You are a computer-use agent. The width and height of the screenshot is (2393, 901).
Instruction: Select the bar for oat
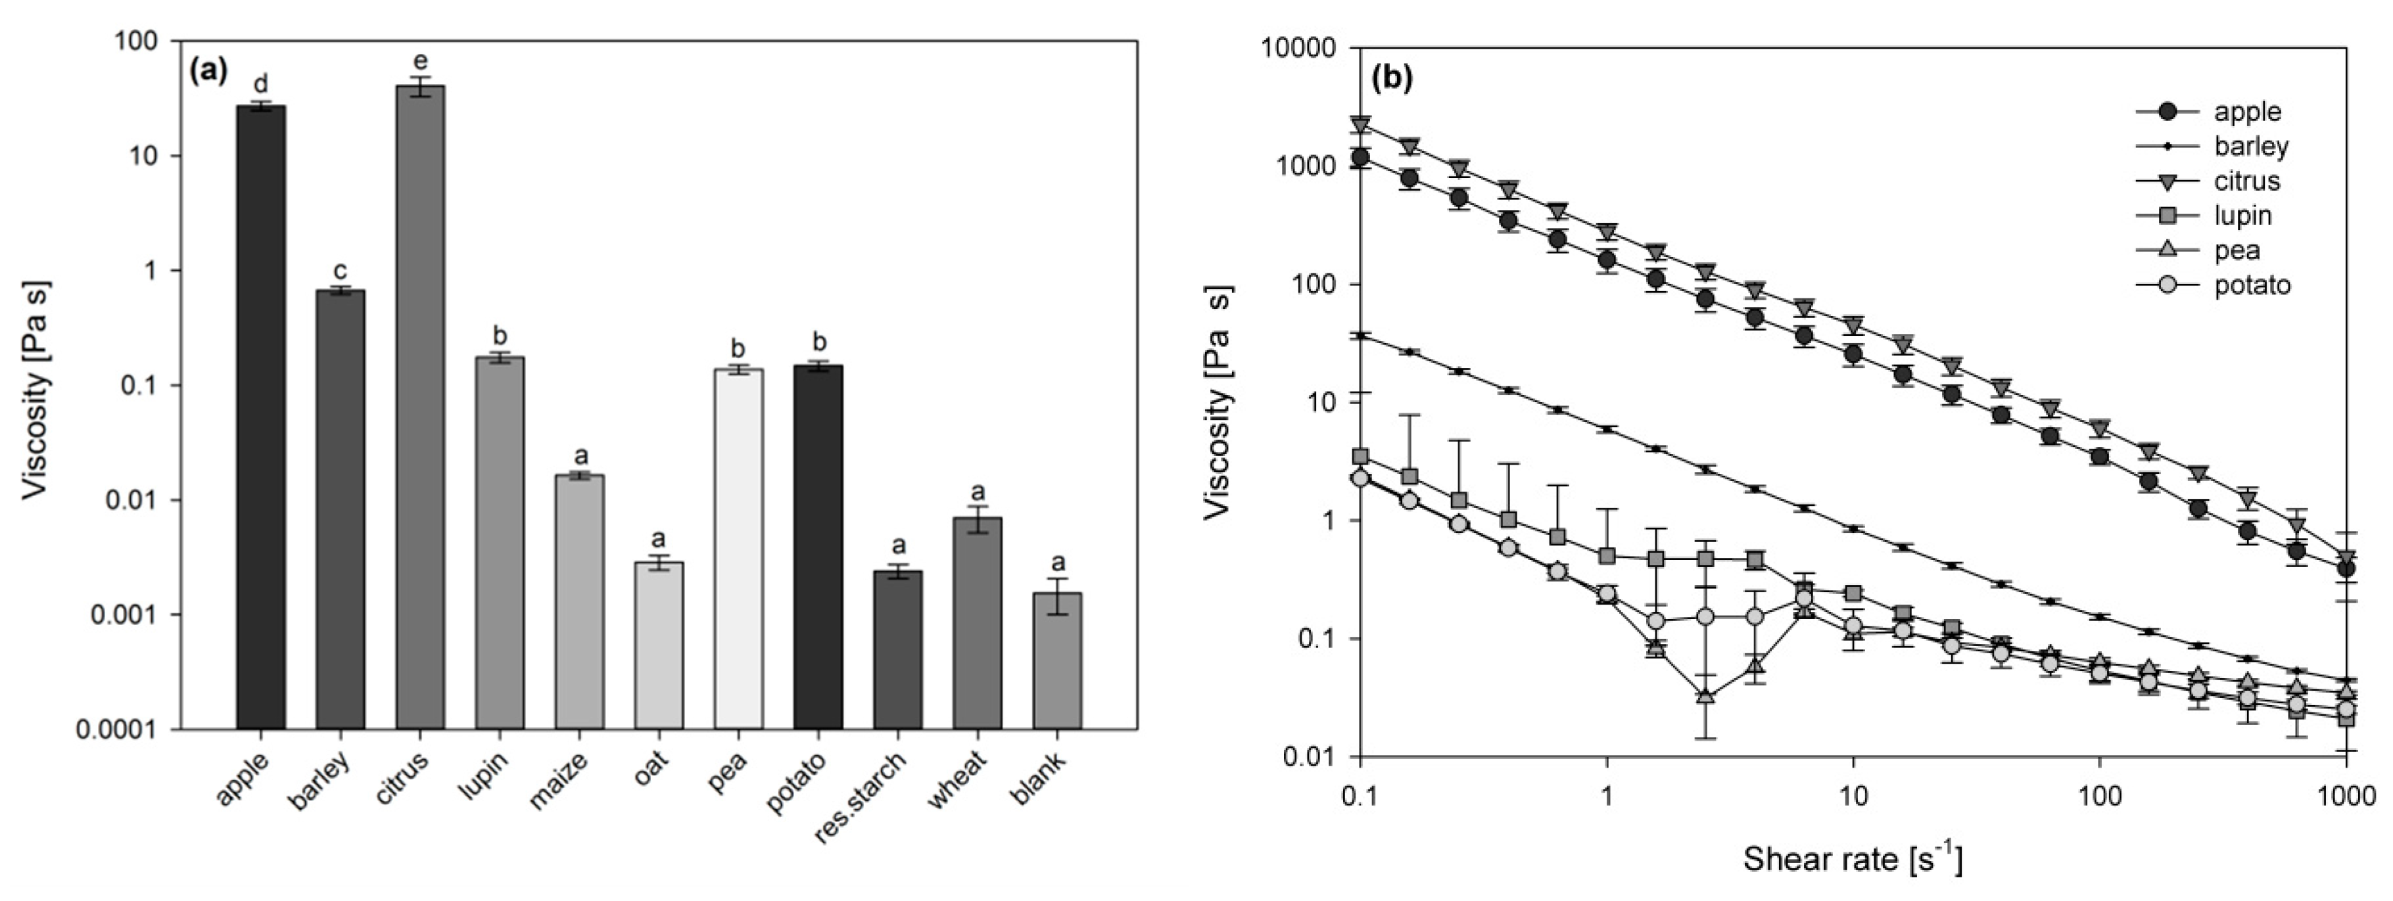[659, 645]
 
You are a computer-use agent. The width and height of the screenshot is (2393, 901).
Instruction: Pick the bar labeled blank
[1057, 660]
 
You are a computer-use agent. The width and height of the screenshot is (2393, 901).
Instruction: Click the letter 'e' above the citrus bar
[420, 62]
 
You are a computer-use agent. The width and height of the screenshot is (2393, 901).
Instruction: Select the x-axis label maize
[559, 781]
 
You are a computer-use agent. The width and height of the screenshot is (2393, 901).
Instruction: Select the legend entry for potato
[2252, 285]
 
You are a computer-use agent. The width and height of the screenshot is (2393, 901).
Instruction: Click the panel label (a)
[208, 72]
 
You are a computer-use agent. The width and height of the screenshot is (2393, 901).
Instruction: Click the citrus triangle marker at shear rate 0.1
[1361, 124]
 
